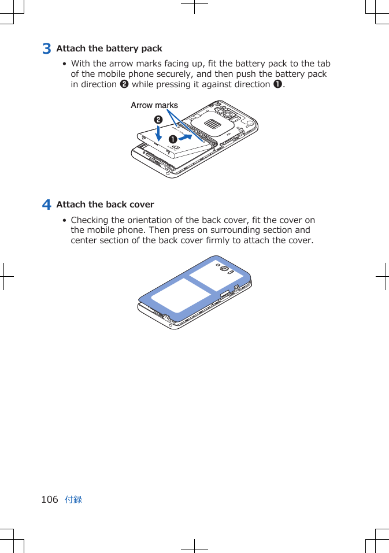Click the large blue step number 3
[46, 49]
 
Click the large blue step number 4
[46, 205]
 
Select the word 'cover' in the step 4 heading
[142, 205]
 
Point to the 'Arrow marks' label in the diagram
[154, 105]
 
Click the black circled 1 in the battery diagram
[172, 140]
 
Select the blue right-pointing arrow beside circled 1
[186, 138]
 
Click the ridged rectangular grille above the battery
[212, 125]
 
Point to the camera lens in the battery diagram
[220, 111]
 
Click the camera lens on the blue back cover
[224, 270]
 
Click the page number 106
[50, 499]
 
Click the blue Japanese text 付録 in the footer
[73, 499]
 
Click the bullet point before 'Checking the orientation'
[64, 221]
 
